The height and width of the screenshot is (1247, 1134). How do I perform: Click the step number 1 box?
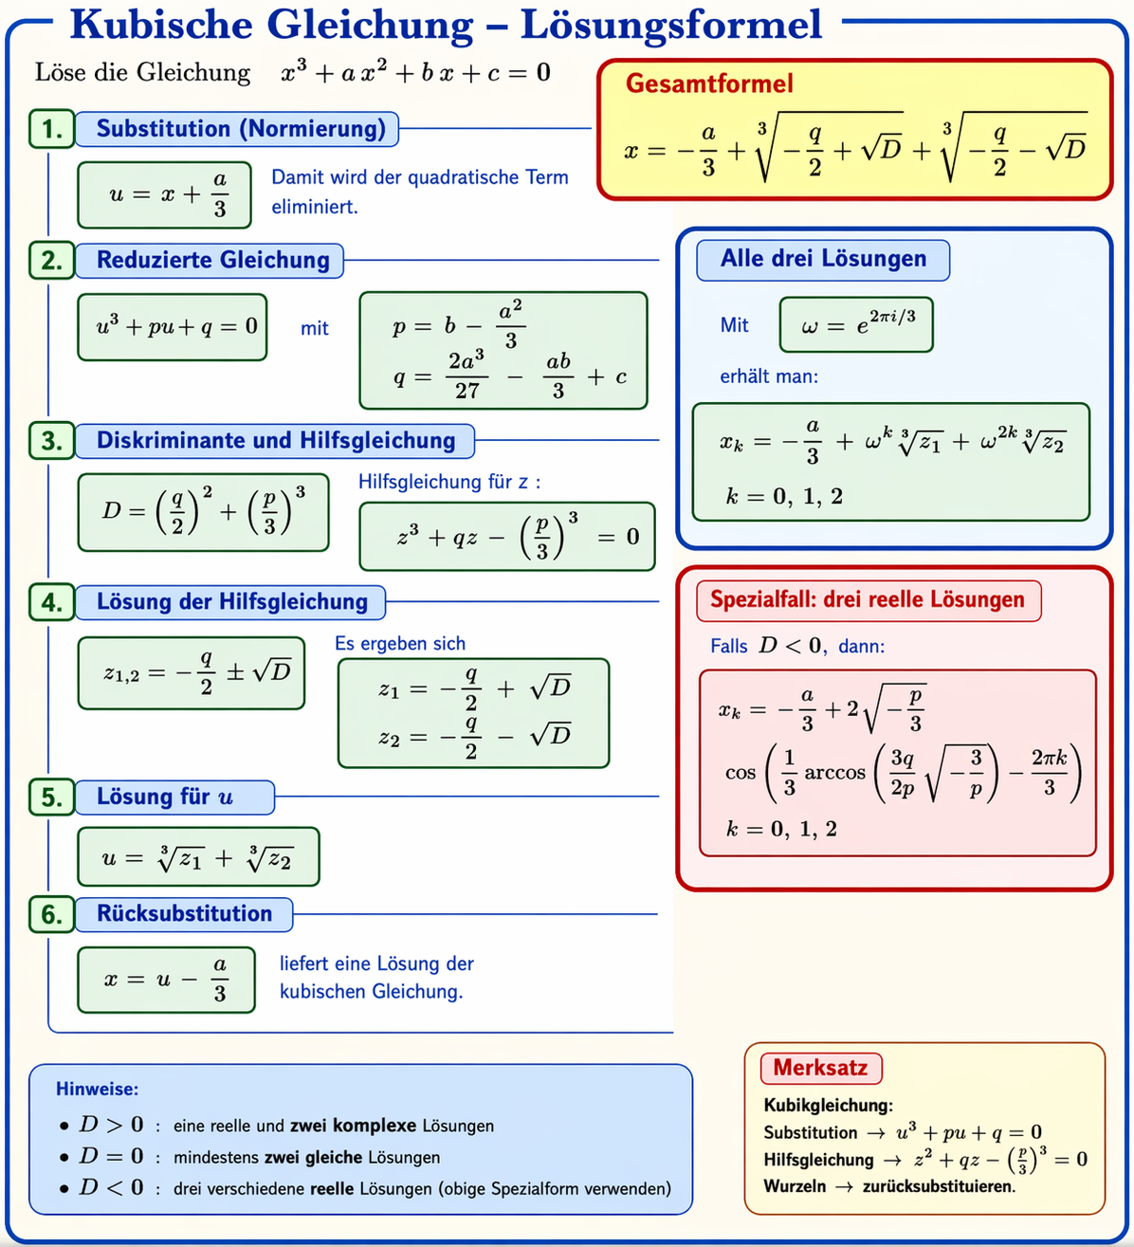51,129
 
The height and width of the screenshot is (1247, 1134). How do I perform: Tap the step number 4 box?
51,602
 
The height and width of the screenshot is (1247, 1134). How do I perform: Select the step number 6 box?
51,914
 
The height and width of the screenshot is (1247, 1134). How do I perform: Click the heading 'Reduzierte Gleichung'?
212,260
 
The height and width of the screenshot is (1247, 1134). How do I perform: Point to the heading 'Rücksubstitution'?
184,914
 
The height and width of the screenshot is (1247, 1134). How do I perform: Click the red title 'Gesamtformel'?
709,83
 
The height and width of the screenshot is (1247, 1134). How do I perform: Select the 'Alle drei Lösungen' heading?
823,259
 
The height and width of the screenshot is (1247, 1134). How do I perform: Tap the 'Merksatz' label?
820,1068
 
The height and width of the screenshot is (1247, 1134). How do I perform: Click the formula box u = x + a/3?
164,194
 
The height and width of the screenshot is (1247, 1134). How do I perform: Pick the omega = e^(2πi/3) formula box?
856,324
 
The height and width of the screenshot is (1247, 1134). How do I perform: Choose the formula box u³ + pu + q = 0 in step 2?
173,327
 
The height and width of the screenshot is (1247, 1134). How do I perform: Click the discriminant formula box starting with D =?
203,512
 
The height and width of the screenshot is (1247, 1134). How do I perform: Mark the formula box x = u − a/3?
166,980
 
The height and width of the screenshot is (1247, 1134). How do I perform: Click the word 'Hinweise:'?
97,1090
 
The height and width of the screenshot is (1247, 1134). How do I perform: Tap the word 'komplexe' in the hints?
375,1126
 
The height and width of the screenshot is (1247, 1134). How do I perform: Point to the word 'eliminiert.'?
315,207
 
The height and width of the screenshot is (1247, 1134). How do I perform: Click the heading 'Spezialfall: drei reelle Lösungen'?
868,600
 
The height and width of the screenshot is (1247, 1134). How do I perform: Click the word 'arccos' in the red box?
834,773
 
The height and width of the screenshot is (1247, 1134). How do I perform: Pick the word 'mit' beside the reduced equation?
315,328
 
